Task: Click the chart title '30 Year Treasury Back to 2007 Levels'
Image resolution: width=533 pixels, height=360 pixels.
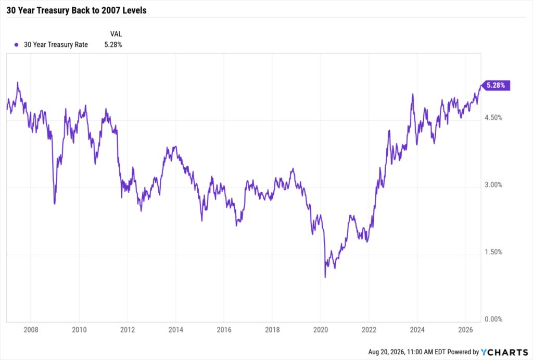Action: tap(77, 10)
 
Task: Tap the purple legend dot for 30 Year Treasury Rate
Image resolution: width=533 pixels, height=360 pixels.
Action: tap(16, 45)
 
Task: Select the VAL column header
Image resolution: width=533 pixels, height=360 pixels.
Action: tap(116, 34)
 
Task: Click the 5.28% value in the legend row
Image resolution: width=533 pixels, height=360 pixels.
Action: tap(113, 45)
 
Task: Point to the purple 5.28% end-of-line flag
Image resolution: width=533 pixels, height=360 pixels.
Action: tap(496, 85)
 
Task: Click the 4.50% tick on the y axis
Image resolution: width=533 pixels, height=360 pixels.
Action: tap(493, 118)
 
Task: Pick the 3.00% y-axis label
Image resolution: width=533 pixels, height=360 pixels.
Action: tap(493, 185)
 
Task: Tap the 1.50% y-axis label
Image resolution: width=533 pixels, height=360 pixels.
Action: tap(493, 252)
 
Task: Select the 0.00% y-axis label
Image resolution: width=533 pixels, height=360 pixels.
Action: tap(493, 319)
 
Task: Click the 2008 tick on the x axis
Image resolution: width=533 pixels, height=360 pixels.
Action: tap(31, 330)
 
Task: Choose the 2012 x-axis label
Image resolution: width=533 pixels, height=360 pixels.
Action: tap(128, 330)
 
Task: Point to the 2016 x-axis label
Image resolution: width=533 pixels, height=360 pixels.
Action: tap(224, 330)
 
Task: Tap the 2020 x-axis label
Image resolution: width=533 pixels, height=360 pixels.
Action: tap(321, 330)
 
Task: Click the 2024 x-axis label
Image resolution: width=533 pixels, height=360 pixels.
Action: tap(417, 330)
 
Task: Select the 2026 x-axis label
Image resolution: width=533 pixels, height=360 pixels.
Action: tap(465, 330)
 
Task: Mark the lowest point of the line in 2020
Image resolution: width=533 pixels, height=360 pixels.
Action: tap(325, 277)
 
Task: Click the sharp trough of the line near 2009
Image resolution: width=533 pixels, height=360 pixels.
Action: tap(55, 204)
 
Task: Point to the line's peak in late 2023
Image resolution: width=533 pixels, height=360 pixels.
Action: tap(412, 94)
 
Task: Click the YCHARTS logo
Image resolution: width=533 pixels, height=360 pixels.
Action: tap(504, 352)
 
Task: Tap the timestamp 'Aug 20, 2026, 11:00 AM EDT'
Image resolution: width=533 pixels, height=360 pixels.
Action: tap(407, 352)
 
